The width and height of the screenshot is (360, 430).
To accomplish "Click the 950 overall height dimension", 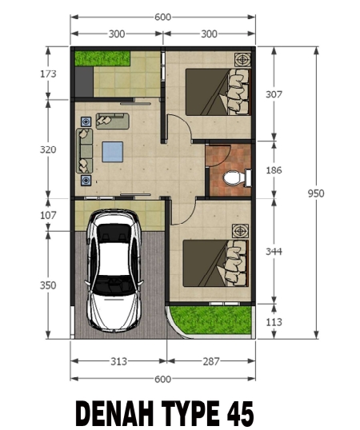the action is pyautogui.click(x=316, y=193).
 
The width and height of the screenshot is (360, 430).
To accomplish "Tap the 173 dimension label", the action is pyautogui.click(x=48, y=74).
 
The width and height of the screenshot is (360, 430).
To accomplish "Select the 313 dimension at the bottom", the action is pyautogui.click(x=119, y=361).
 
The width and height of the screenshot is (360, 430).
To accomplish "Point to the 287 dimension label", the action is pyautogui.click(x=211, y=361).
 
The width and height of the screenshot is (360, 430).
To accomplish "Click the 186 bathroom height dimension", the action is pyautogui.click(x=274, y=170).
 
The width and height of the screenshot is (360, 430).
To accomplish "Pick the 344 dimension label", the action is pyautogui.click(x=274, y=252).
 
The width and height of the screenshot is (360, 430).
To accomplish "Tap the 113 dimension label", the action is pyautogui.click(x=274, y=322).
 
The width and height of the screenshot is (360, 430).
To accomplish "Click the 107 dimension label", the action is pyautogui.click(x=48, y=215).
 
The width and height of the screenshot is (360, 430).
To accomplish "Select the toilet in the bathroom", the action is pyautogui.click(x=237, y=177).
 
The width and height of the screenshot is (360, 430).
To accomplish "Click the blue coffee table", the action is pyautogui.click(x=113, y=152).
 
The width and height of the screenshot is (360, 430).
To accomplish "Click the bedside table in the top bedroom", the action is pyautogui.click(x=242, y=59).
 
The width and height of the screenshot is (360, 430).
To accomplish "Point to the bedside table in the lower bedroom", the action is pyautogui.click(x=240, y=231).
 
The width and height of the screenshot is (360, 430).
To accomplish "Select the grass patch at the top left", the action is pyautogui.click(x=102, y=58).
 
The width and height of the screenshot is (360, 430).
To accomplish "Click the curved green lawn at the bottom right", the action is pyautogui.click(x=211, y=320).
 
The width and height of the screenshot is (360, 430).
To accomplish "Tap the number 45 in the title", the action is pyautogui.click(x=240, y=413).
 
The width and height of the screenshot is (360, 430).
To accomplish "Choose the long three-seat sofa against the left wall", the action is pyautogui.click(x=85, y=151).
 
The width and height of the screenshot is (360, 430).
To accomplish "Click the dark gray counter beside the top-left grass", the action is pyautogui.click(x=84, y=82).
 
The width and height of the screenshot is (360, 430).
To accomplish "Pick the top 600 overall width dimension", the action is pyautogui.click(x=162, y=18).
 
